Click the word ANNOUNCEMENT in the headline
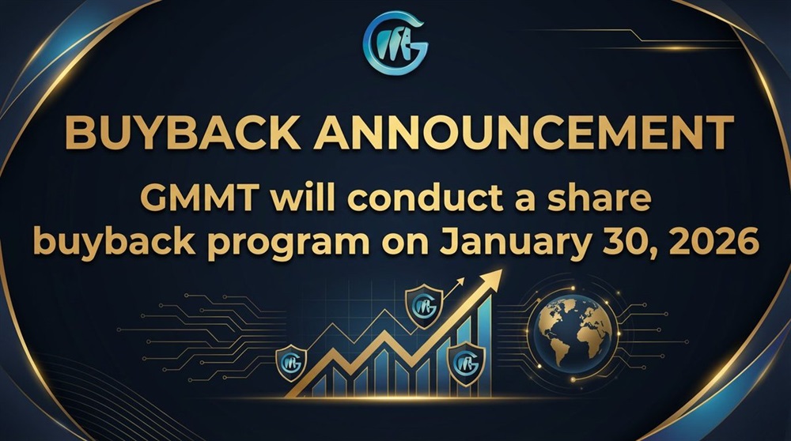click(x=524, y=132)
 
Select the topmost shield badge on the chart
click(x=424, y=305)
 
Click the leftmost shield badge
click(x=291, y=361)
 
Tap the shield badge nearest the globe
click(x=466, y=363)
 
